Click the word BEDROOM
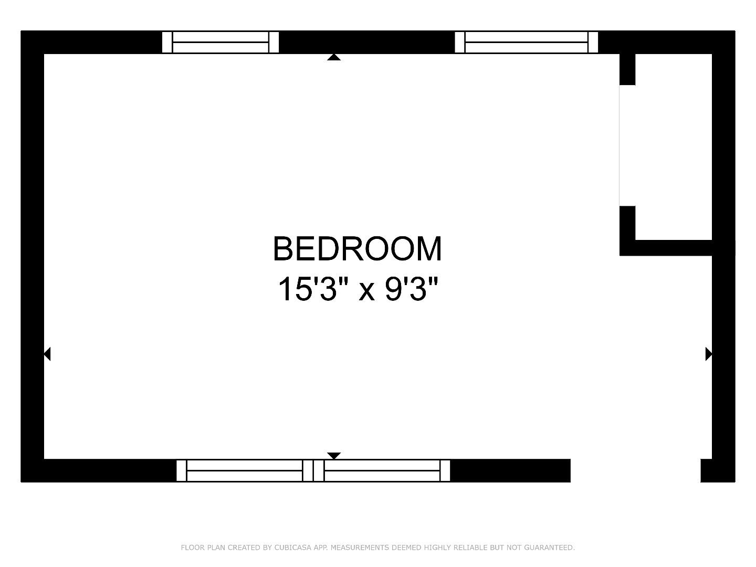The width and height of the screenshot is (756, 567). pyautogui.click(x=358, y=249)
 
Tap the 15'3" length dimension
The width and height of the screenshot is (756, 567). pyautogui.click(x=307, y=289)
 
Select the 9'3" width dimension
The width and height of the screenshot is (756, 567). pyautogui.click(x=412, y=289)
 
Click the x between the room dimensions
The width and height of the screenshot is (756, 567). pyautogui.click(x=366, y=291)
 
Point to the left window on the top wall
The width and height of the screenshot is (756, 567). pyautogui.click(x=220, y=42)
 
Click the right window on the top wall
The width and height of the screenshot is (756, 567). pyautogui.click(x=526, y=42)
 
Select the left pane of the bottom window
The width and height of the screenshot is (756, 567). pyautogui.click(x=245, y=470)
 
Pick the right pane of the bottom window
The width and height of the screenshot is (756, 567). pyautogui.click(x=382, y=470)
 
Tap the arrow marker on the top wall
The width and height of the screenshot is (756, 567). pyautogui.click(x=334, y=57)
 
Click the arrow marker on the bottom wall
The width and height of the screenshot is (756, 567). pyautogui.click(x=334, y=455)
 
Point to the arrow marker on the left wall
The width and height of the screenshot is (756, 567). pyautogui.click(x=47, y=354)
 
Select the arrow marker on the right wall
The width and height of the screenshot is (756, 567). pyautogui.click(x=708, y=354)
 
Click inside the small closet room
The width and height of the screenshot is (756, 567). pyautogui.click(x=674, y=147)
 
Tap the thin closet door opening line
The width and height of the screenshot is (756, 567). pyautogui.click(x=620, y=145)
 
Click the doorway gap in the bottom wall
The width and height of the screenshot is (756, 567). pyautogui.click(x=635, y=470)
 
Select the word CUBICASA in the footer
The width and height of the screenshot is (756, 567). pyautogui.click(x=293, y=548)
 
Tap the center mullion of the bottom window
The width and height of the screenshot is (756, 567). pyautogui.click(x=313, y=470)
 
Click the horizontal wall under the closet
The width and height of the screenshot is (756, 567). pyautogui.click(x=674, y=248)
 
